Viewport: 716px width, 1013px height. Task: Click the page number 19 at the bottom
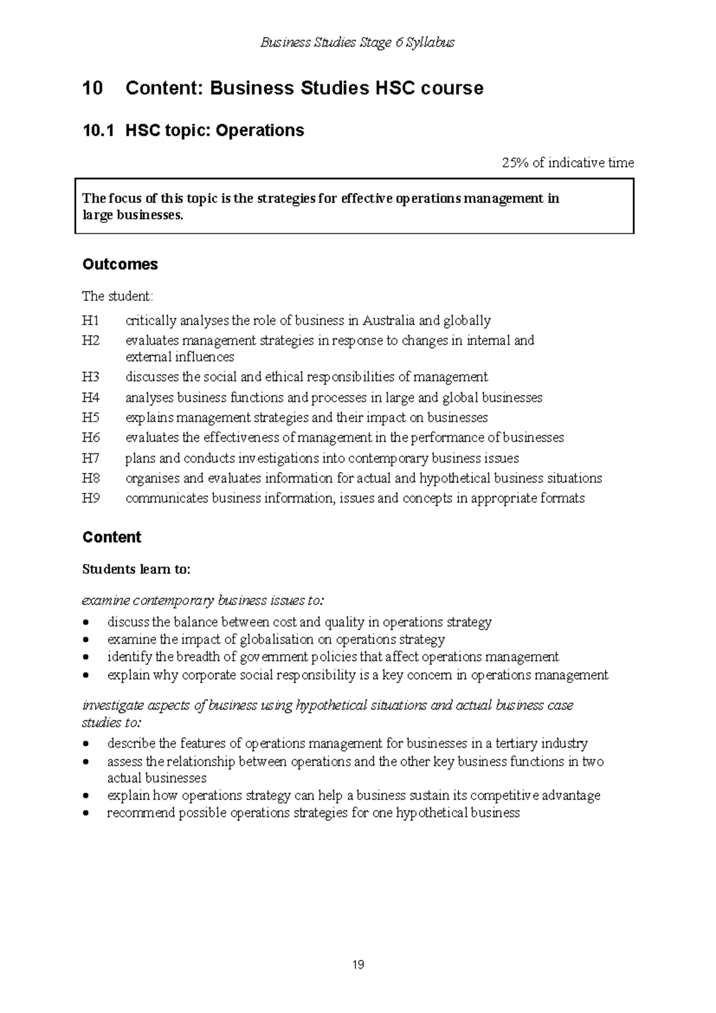click(x=358, y=965)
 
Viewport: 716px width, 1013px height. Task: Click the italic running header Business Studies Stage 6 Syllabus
click(x=358, y=42)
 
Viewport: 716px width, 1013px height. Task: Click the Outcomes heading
click(x=120, y=264)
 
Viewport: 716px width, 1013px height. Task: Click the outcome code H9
click(x=90, y=498)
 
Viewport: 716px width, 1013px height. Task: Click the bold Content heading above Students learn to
click(x=112, y=537)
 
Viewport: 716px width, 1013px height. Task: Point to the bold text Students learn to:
click(x=136, y=569)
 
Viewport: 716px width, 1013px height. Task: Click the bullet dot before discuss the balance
click(x=87, y=623)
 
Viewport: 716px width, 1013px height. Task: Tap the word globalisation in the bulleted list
click(x=276, y=640)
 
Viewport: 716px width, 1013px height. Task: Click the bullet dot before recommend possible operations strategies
click(x=87, y=814)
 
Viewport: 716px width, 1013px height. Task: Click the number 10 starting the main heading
click(x=92, y=88)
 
